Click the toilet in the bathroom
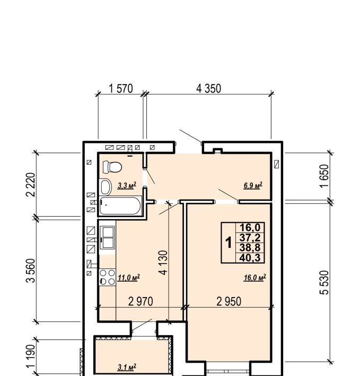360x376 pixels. click(x=112, y=167)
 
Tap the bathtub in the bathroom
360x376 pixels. click(x=120, y=205)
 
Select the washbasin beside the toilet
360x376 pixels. click(x=106, y=187)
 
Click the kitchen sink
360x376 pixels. click(x=108, y=237)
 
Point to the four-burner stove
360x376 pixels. click(x=107, y=277)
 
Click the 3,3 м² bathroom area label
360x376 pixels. click(x=127, y=185)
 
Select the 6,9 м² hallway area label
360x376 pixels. click(x=253, y=185)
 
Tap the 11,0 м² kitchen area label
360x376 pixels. click(x=129, y=277)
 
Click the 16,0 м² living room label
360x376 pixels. click(x=255, y=277)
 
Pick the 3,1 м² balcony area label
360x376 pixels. click(x=127, y=367)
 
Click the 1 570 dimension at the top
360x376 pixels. click(x=121, y=88)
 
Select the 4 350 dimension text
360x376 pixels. click(x=208, y=88)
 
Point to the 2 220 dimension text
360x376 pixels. click(x=31, y=185)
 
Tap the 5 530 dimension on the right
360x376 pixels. click(x=324, y=282)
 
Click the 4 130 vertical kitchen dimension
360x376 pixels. click(x=163, y=263)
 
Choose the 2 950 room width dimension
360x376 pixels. click(x=229, y=301)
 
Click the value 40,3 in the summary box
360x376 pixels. click(x=250, y=258)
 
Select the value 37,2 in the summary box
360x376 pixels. click(x=250, y=238)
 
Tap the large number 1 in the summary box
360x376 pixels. click(x=229, y=243)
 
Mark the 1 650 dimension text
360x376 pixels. click(x=324, y=176)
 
